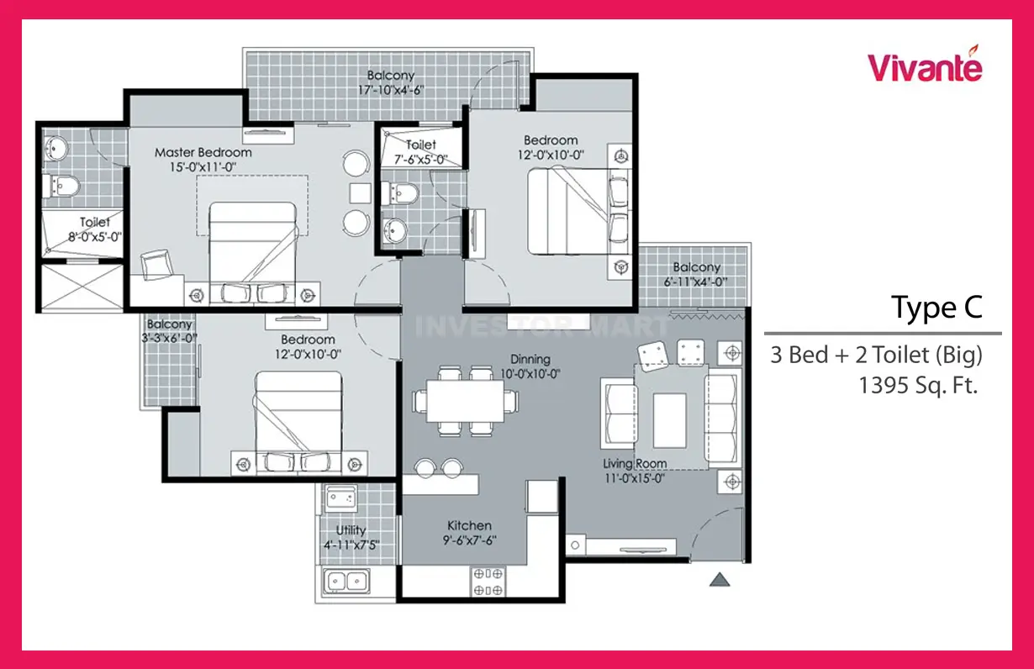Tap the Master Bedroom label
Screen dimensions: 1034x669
click(x=203, y=152)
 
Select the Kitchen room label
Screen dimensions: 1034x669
click(x=469, y=525)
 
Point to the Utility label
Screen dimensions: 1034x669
click(x=351, y=530)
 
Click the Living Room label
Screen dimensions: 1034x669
click(x=635, y=463)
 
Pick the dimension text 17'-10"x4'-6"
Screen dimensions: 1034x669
click(x=391, y=90)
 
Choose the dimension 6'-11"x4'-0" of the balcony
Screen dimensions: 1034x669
click(x=696, y=282)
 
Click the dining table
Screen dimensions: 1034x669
click(x=465, y=401)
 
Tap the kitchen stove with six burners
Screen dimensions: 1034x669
click(x=488, y=582)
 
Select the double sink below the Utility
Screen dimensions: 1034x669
click(x=346, y=582)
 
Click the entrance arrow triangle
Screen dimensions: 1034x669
click(x=720, y=580)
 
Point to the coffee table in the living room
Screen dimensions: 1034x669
click(x=670, y=420)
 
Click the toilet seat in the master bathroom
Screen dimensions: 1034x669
click(x=62, y=186)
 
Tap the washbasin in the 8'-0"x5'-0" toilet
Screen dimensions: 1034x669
click(x=55, y=149)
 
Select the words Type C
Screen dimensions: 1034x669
click(x=937, y=308)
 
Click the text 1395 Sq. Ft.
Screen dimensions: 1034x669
click(x=918, y=385)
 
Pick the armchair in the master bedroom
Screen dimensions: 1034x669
click(x=156, y=265)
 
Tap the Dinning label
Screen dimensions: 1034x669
click(x=530, y=359)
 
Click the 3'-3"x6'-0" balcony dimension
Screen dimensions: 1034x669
click(x=169, y=338)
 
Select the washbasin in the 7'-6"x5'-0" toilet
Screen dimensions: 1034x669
click(x=394, y=229)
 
